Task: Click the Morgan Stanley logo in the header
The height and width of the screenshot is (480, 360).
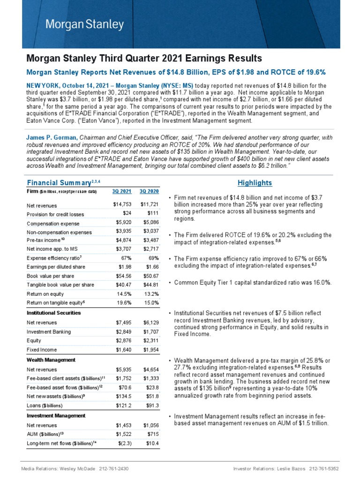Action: pyautogui.click(x=85, y=24)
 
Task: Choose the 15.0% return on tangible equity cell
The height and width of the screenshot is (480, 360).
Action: pyautogui.click(x=151, y=303)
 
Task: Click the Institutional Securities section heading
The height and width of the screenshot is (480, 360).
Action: pyautogui.click(x=53, y=312)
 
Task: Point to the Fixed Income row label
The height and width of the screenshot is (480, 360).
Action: pyautogui.click(x=42, y=349)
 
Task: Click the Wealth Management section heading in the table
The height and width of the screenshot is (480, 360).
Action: pyautogui.click(x=51, y=360)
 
